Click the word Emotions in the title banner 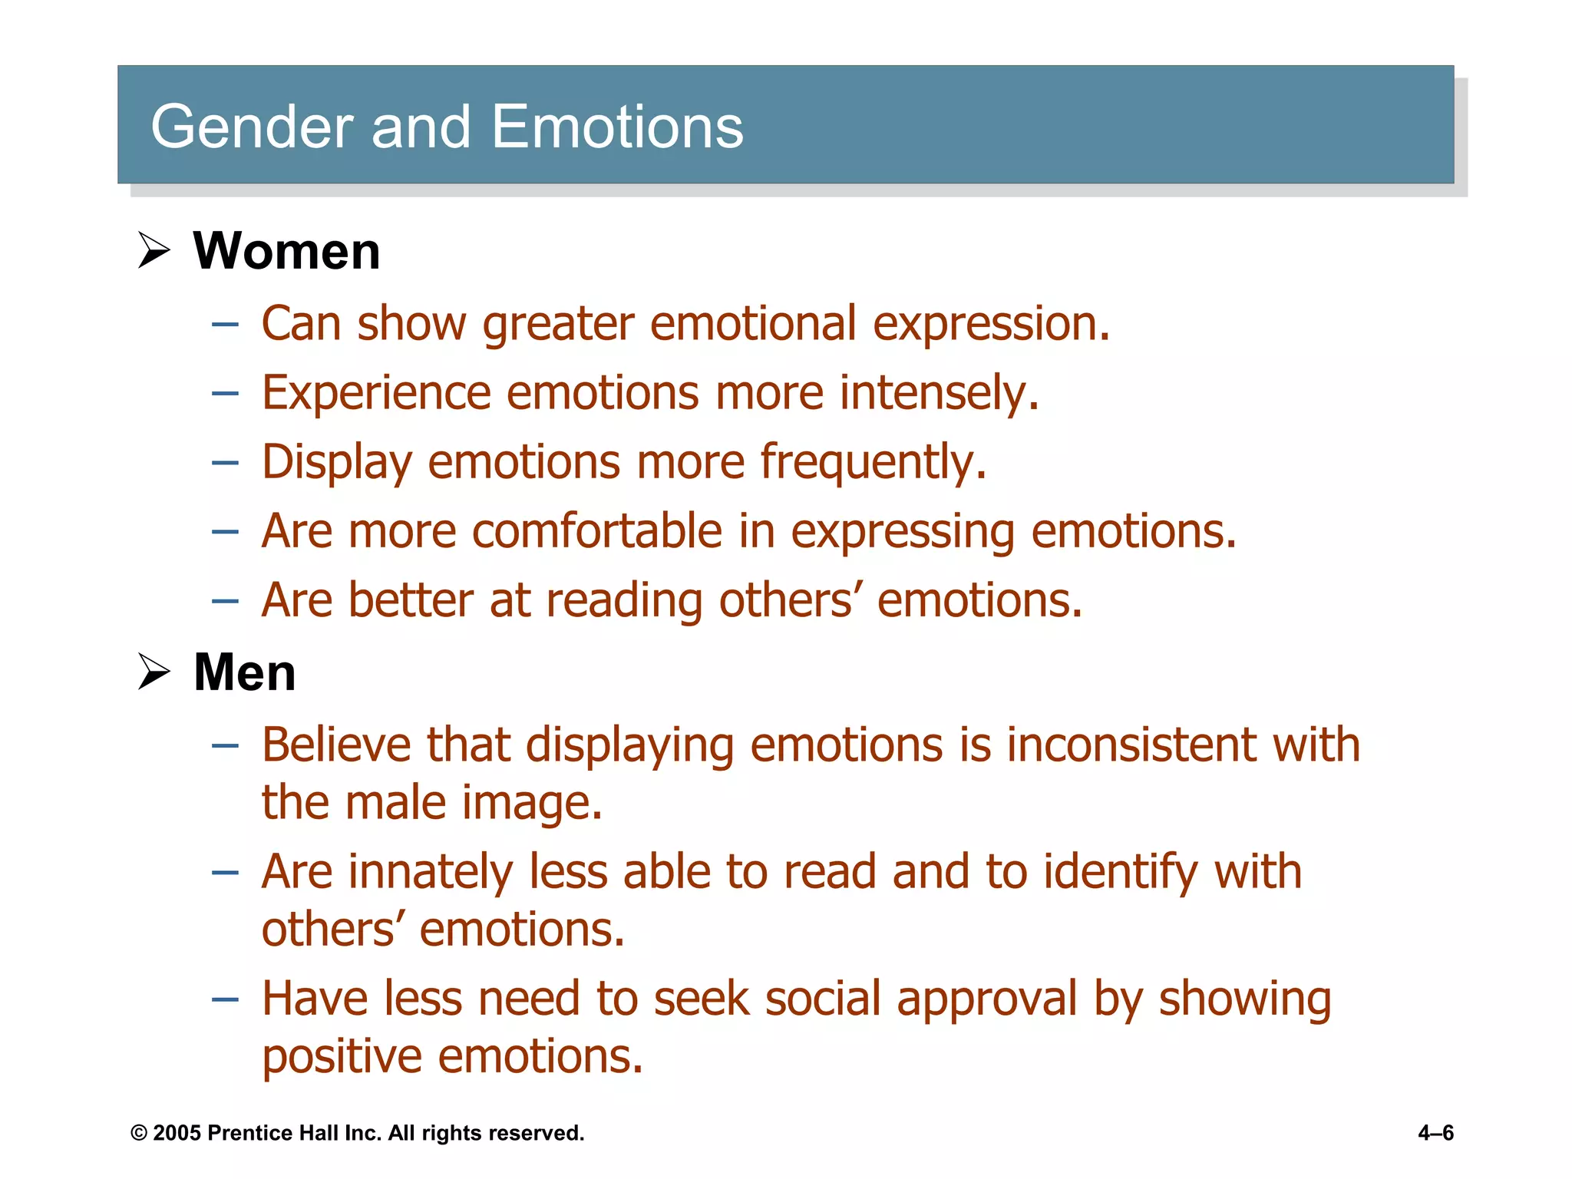coord(617,127)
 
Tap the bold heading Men coord(244,672)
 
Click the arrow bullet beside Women coord(154,250)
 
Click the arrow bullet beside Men coord(154,672)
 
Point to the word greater coord(557,323)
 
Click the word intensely coord(939,393)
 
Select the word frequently coord(873,463)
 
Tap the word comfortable coord(596,531)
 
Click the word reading coord(624,600)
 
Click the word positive coord(342,1057)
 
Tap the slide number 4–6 coord(1435,1133)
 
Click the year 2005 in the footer coord(177,1133)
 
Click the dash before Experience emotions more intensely coord(225,394)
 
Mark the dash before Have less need coord(225,999)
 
